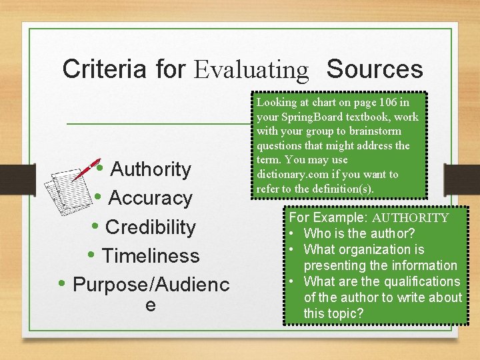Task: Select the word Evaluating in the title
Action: point(251,69)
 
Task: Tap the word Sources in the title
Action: point(375,69)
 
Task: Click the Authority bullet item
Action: point(151,169)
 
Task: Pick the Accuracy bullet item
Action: point(149,198)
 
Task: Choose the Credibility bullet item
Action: point(151,227)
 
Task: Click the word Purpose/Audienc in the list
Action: point(151,285)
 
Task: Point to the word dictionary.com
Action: point(288,175)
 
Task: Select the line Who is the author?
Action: point(359,233)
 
